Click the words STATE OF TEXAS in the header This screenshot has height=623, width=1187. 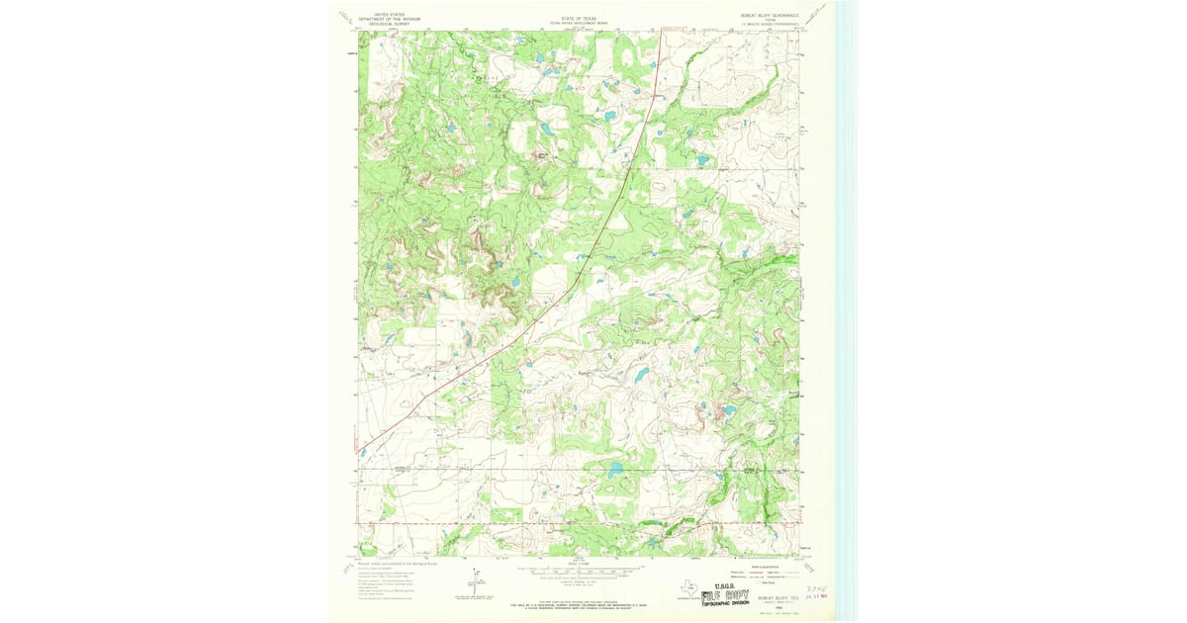(x=579, y=17)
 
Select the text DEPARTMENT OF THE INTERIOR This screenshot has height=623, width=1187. (x=389, y=20)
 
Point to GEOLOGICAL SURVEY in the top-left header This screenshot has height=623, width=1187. (x=389, y=24)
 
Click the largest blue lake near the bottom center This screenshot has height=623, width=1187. (x=616, y=469)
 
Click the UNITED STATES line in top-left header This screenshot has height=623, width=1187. (x=389, y=15)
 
